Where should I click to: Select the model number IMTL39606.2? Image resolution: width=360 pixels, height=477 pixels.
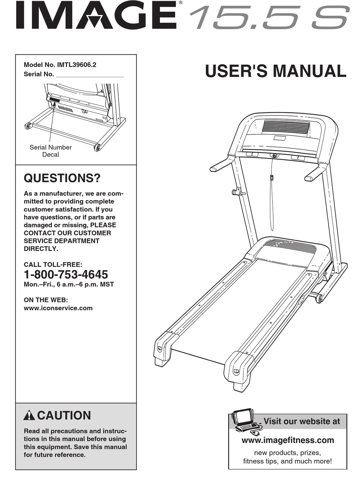76,65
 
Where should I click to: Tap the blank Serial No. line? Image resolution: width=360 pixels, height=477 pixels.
90,75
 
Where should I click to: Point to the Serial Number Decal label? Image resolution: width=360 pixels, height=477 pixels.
50,151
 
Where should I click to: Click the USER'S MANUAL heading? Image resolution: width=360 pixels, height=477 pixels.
275,72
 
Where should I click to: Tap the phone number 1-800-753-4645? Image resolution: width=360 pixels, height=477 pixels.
66,274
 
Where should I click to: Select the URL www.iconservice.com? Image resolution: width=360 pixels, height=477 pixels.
58,308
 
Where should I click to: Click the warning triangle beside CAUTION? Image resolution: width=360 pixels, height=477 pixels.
29,416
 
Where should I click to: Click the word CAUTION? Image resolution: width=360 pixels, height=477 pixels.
64,416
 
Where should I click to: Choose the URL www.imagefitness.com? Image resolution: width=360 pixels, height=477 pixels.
288,440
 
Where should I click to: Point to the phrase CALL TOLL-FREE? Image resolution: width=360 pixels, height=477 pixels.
53,265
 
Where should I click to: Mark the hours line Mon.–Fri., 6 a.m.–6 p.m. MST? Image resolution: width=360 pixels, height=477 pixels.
69,284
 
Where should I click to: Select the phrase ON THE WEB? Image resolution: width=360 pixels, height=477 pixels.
45,299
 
